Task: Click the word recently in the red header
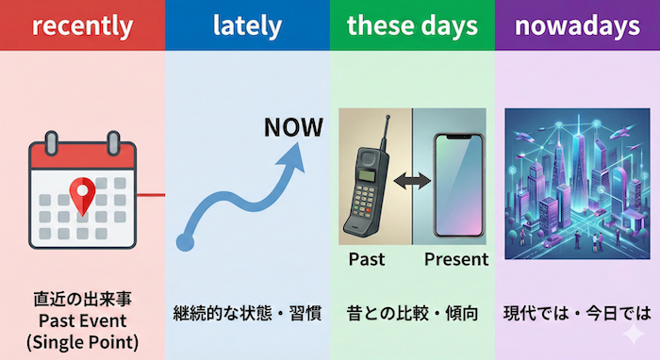(82, 25)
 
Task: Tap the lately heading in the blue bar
(247, 25)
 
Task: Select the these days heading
(411, 25)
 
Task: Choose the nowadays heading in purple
(578, 25)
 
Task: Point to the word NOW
(293, 127)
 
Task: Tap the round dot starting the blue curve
(185, 242)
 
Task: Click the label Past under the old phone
(367, 258)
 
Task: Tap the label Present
(456, 258)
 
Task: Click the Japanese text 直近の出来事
(82, 301)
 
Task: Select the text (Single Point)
(82, 341)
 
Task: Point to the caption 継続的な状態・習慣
(247, 313)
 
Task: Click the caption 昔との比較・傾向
(412, 313)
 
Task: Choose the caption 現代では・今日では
(577, 313)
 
